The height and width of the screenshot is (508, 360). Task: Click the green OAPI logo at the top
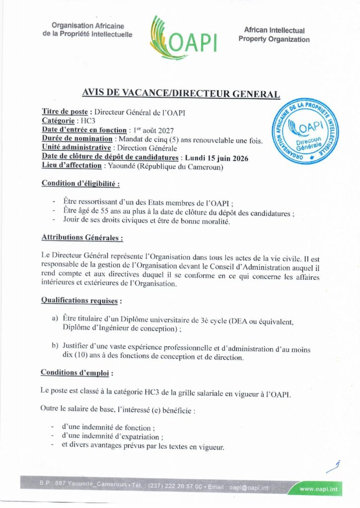point(184,36)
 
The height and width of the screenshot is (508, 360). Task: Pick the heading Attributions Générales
point(82,238)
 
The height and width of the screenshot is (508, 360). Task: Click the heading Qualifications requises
point(81,300)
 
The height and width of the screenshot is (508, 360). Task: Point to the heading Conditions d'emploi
point(76,372)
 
